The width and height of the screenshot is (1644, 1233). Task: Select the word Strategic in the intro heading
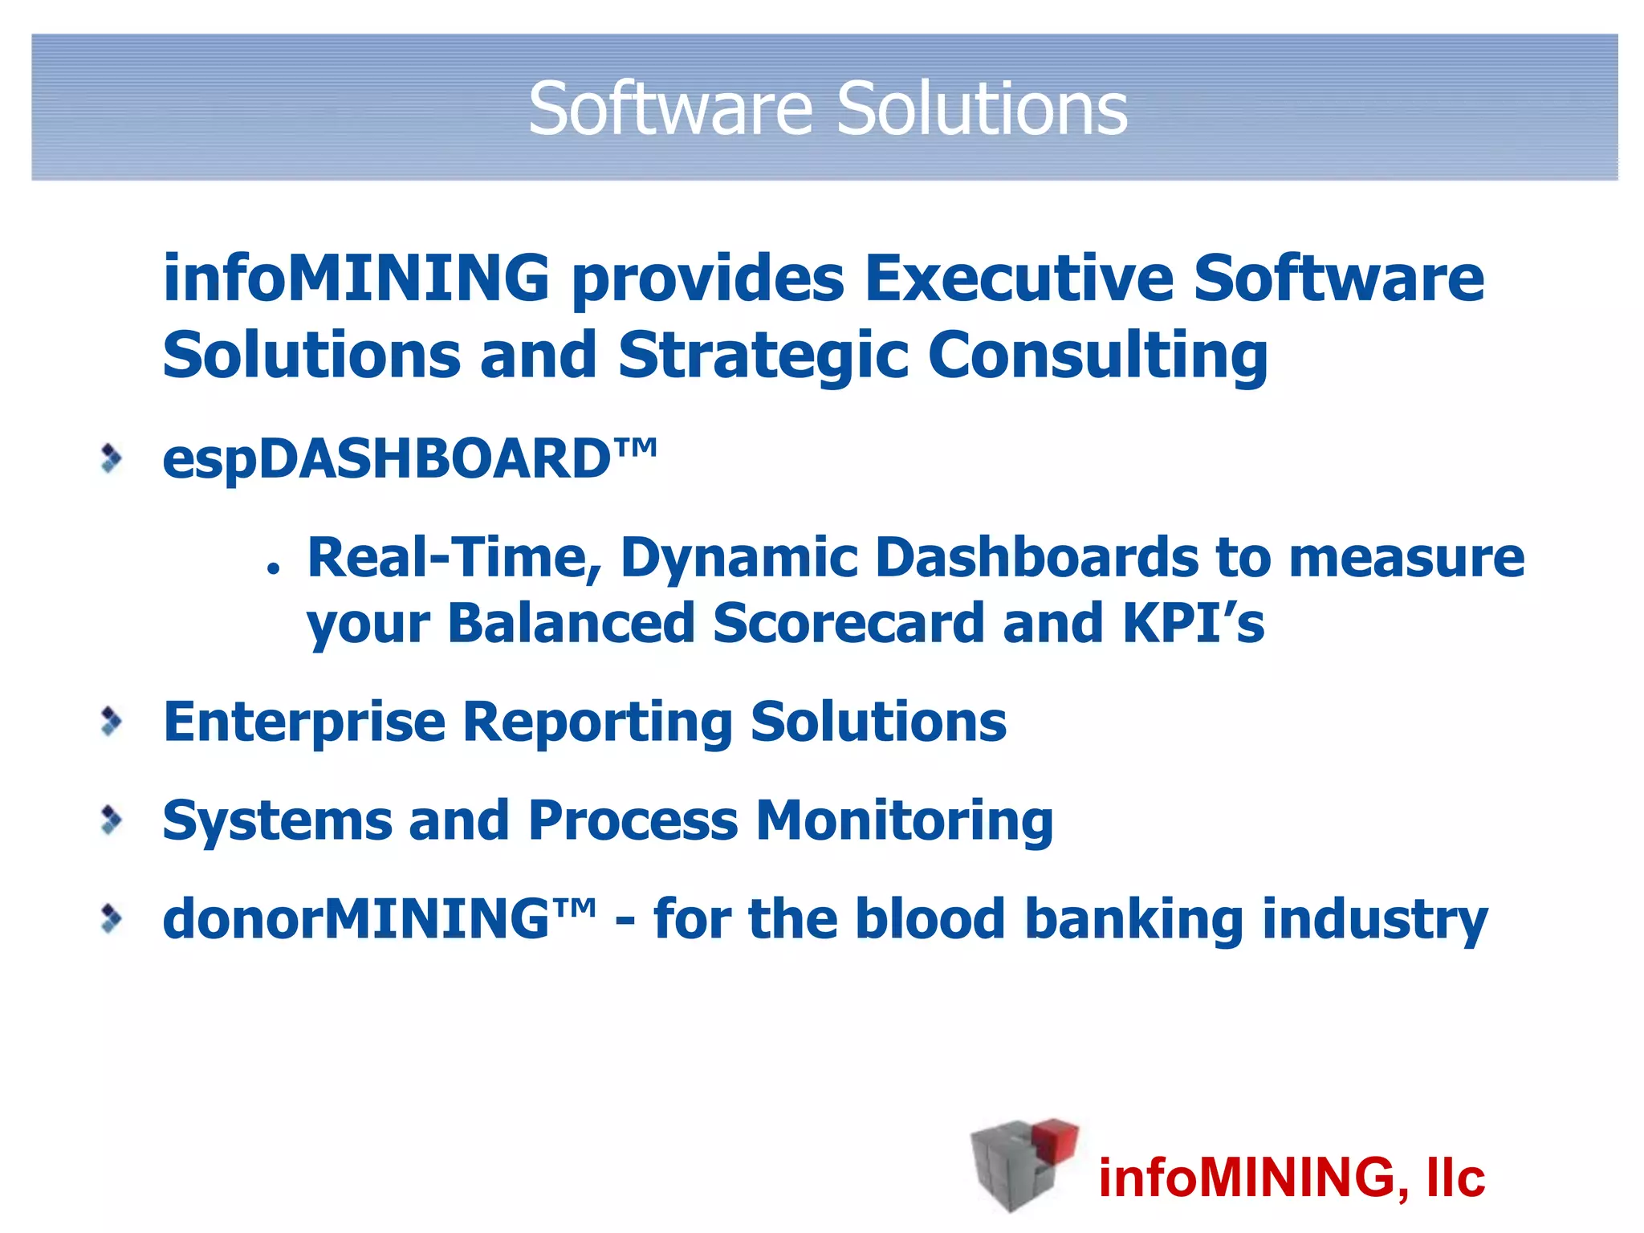point(763,356)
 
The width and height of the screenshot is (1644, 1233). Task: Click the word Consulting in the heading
point(1097,356)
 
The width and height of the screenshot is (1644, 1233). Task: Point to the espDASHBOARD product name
point(409,459)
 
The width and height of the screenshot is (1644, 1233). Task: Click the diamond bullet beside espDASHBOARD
point(112,459)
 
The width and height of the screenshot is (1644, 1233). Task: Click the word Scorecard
point(848,624)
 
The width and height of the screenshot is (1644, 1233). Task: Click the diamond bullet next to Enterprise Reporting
point(112,721)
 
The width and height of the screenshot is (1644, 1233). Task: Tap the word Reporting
point(597,722)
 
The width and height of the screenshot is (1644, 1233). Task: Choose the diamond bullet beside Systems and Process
point(112,820)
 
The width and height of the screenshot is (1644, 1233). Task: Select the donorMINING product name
point(379,919)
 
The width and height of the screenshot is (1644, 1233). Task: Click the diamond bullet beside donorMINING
point(112,919)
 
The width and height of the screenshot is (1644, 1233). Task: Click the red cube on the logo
point(1054,1141)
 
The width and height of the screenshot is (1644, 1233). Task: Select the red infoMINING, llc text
point(1291,1178)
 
